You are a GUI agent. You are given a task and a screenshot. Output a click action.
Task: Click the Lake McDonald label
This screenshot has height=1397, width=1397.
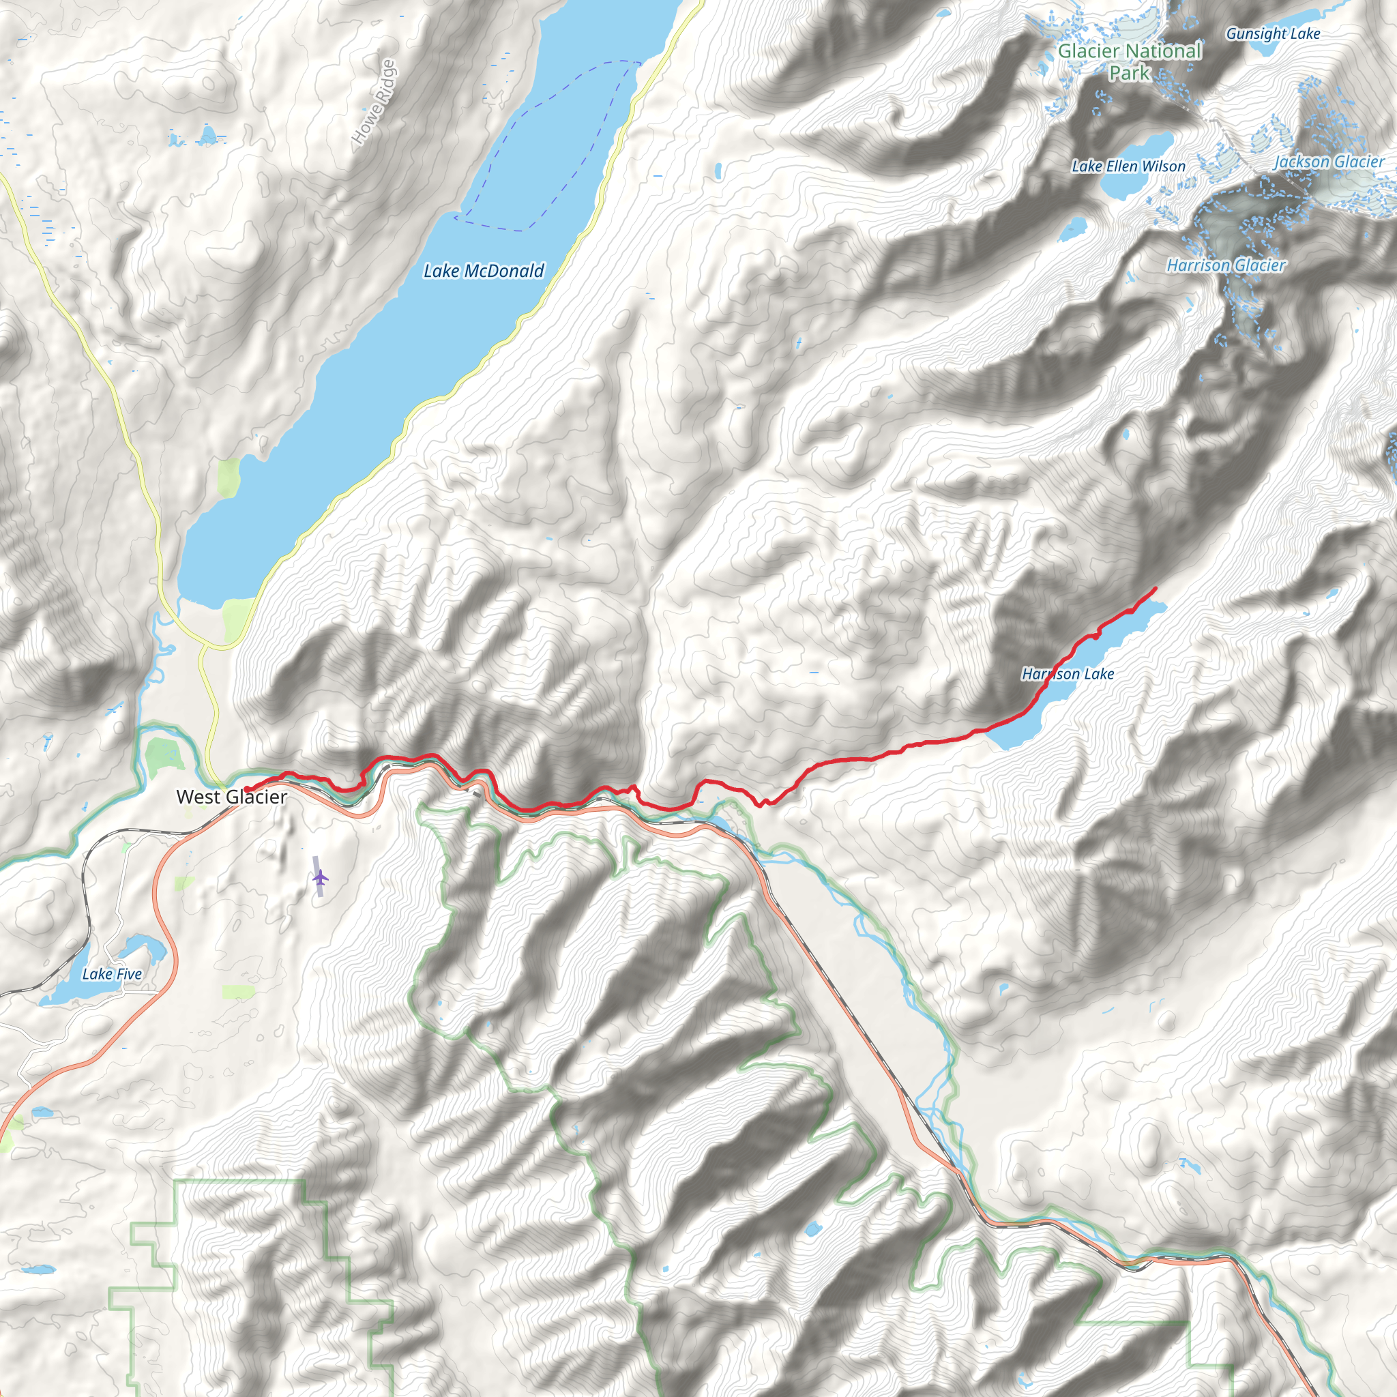(483, 271)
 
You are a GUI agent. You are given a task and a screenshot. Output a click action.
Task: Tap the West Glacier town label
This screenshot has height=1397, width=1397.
(231, 797)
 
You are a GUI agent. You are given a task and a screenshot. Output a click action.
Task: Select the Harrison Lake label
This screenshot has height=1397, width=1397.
(1068, 674)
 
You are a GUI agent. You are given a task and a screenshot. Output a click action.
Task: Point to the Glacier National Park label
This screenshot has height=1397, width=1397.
(1130, 61)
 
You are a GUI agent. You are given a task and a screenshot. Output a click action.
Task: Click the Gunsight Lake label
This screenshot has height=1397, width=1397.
(1273, 33)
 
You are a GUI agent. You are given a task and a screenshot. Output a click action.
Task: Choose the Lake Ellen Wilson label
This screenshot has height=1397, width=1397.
(1128, 166)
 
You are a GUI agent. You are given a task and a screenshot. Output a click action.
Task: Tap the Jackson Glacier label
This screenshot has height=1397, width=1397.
(1329, 162)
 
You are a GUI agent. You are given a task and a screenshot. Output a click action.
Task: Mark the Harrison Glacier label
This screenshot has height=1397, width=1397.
(1226, 265)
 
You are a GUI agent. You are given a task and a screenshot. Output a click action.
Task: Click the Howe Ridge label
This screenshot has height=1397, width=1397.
(374, 101)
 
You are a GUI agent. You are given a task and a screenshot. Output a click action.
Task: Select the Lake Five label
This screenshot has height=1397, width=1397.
(112, 974)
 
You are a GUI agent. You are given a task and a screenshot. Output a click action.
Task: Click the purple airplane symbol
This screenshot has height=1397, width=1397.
(321, 878)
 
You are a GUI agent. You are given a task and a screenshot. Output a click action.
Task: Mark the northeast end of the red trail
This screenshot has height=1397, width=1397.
(1155, 589)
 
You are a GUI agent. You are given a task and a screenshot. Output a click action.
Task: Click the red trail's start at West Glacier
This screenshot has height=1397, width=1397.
(246, 789)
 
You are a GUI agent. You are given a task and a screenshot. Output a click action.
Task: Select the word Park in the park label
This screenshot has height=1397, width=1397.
(1130, 73)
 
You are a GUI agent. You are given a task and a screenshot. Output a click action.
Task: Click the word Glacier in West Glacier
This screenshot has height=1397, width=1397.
(256, 797)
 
